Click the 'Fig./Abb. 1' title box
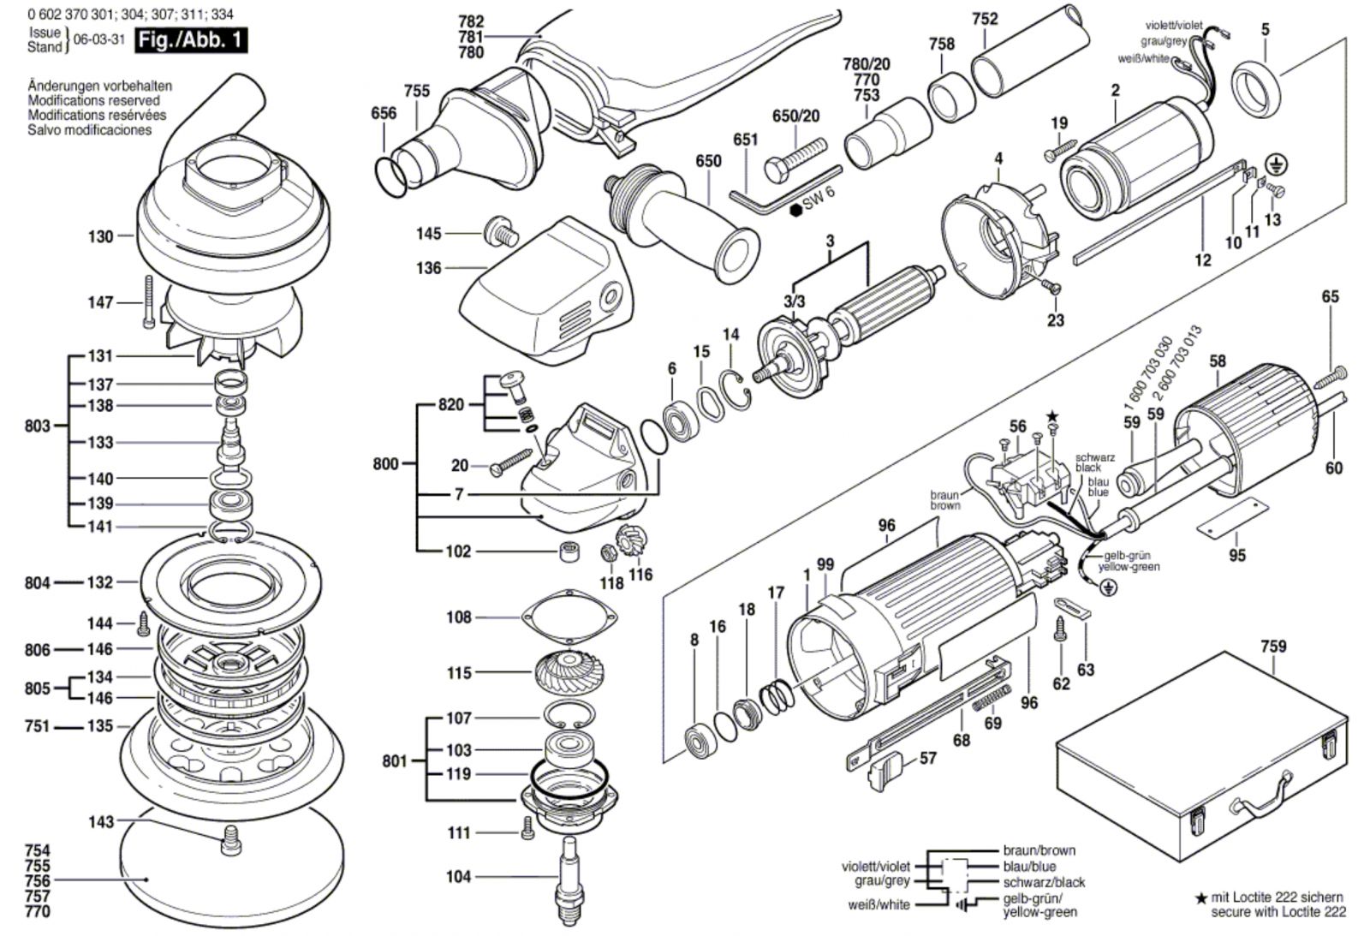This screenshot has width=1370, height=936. (190, 39)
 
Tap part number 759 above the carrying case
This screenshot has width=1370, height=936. (1272, 647)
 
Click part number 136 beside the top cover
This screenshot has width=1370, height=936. (428, 268)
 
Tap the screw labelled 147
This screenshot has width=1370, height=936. (148, 301)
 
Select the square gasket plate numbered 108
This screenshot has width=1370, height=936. (569, 617)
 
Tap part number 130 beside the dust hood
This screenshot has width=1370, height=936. (100, 236)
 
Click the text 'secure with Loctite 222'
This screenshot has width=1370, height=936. (1278, 912)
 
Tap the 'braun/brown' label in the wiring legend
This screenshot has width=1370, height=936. (1039, 850)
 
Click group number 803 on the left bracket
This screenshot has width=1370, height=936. (37, 426)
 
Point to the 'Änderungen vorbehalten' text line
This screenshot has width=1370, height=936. (99, 86)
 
